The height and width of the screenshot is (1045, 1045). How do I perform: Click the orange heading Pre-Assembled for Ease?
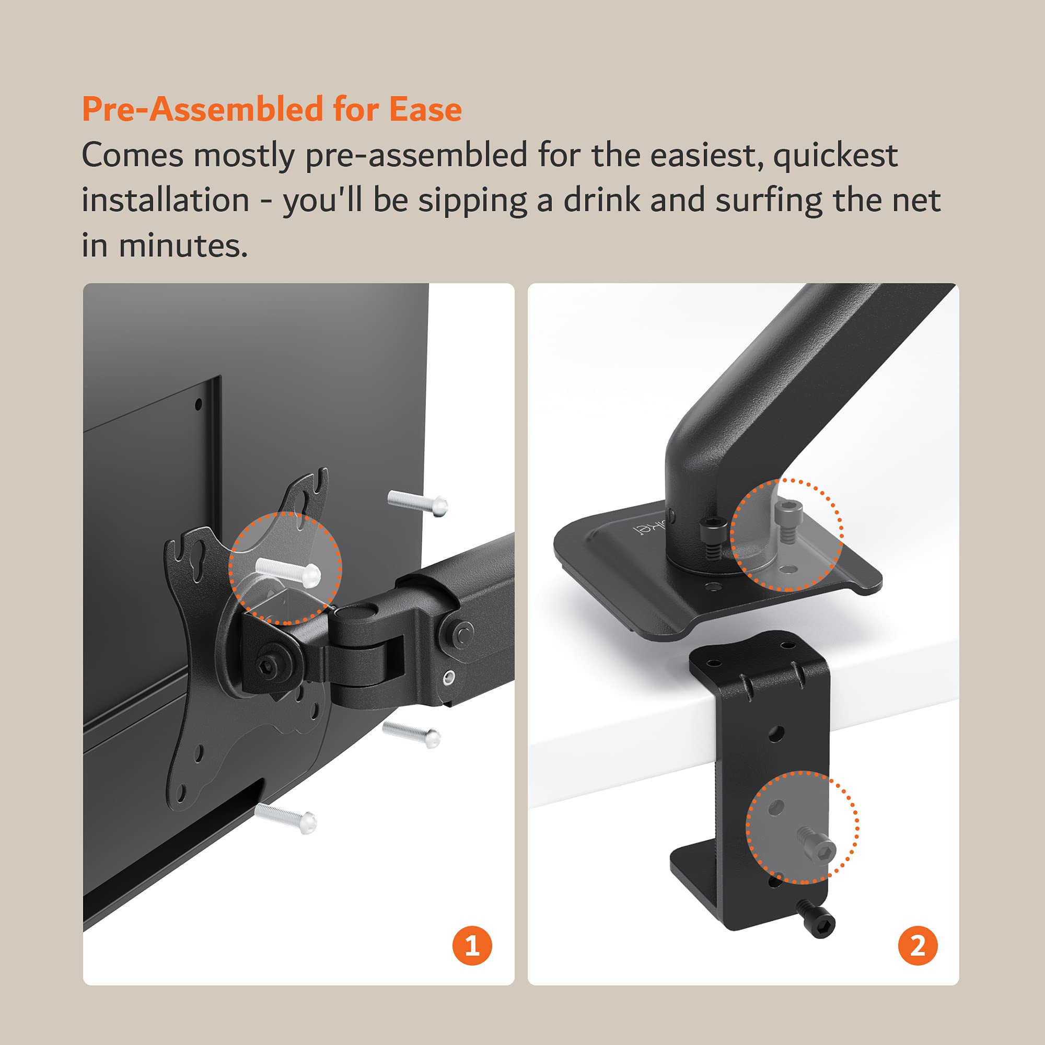point(272,109)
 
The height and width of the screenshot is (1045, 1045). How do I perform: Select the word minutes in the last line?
point(183,246)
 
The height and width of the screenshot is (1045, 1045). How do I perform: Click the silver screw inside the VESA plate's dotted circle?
point(289,572)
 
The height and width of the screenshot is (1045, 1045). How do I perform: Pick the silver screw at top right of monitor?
point(417,503)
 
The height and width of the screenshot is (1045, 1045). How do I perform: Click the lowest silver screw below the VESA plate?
point(286,818)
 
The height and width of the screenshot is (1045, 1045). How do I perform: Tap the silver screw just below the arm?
point(412,734)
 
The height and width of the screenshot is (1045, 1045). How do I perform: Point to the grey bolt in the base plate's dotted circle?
point(785,519)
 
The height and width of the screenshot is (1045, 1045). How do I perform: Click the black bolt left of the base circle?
point(713,536)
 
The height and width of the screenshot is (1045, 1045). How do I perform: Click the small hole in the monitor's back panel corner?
point(198,404)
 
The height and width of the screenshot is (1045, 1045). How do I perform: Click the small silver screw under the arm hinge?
point(449,677)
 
